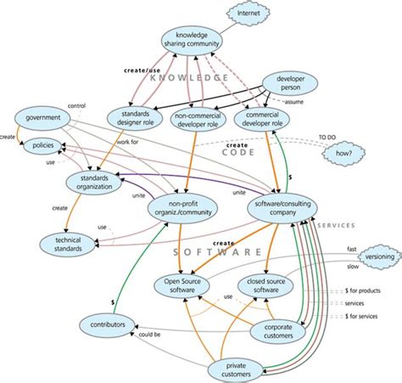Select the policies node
(x=40, y=145)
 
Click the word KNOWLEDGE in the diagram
(x=192, y=77)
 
